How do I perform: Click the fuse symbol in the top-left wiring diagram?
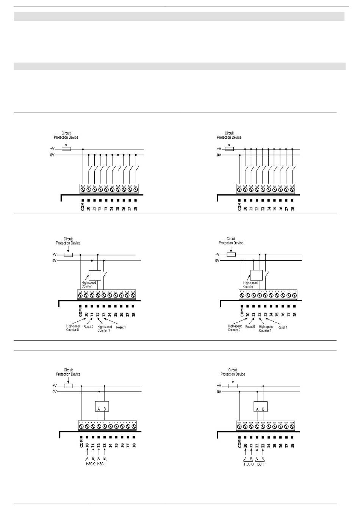pos(66,149)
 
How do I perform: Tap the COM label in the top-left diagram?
pos(82,207)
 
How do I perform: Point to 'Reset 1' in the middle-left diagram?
pos(121,327)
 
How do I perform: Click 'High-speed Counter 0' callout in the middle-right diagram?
pos(235,328)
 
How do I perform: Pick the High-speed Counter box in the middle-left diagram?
pos(94,275)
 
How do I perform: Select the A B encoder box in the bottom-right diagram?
pos(260,407)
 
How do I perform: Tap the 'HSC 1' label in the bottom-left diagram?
pos(102,464)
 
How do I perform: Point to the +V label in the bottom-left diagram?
pos(55,386)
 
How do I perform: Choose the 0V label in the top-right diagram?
pos(219,155)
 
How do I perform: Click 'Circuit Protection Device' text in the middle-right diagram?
pos(231,241)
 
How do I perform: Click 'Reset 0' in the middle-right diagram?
pos(250,327)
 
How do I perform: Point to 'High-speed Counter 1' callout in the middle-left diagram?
pos(105,329)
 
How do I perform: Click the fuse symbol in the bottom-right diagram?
pos(233,386)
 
